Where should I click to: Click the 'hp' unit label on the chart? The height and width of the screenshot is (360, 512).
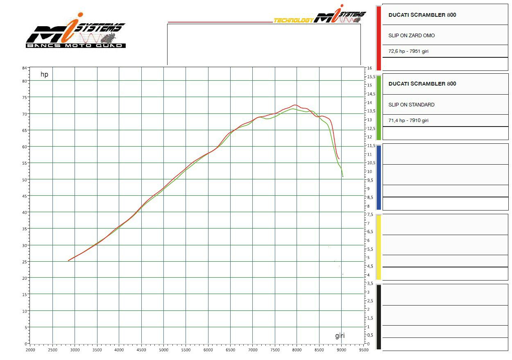tap(44, 75)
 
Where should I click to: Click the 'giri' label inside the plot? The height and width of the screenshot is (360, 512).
tap(340, 336)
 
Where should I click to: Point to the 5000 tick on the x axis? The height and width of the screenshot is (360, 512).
tap(163, 350)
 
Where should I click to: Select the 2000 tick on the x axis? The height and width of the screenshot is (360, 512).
tap(30, 350)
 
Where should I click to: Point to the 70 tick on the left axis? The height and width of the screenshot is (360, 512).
tap(24, 114)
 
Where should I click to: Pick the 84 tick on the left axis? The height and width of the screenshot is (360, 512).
tap(24, 68)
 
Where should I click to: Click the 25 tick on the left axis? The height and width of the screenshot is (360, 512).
tap(24, 262)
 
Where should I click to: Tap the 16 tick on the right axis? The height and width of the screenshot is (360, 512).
tap(369, 68)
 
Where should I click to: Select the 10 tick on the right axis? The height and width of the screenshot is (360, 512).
tap(369, 172)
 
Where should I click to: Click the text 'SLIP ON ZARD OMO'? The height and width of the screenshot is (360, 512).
tap(411, 36)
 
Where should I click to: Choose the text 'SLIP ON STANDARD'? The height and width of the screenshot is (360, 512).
tap(411, 105)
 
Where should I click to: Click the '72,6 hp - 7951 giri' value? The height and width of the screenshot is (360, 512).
tap(408, 52)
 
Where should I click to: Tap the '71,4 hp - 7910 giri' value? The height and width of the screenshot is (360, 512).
tap(408, 120)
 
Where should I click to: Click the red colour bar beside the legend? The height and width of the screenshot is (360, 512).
tap(379, 38)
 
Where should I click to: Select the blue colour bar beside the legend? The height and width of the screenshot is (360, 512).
tap(379, 177)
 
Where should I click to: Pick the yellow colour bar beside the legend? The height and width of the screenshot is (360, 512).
tap(379, 247)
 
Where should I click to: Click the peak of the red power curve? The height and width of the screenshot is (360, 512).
tap(295, 105)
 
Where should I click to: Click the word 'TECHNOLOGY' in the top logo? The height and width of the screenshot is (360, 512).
tap(293, 20)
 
